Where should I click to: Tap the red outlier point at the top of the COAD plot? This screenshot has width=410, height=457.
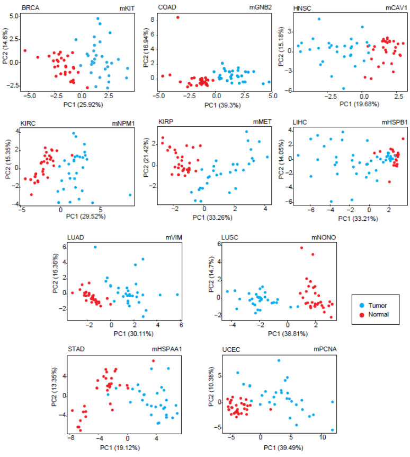(178, 18)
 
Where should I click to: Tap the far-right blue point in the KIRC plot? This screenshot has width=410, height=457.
(130, 195)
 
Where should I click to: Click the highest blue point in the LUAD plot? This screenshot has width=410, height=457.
(95, 247)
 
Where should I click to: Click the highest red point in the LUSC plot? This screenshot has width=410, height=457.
(301, 248)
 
